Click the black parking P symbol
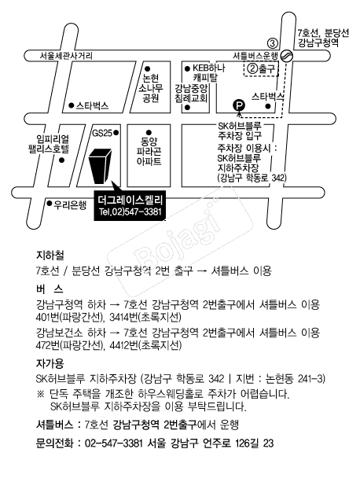tap(239, 105)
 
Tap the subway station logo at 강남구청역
tap(288, 56)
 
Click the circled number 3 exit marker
tap(273, 43)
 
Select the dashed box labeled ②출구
tap(261, 69)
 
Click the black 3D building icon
tap(100, 166)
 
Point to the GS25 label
tap(102, 133)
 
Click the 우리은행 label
tap(70, 204)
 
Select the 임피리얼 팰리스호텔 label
tap(49, 144)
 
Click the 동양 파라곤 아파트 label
tap(149, 151)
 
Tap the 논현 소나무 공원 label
tap(150, 89)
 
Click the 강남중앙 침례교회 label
tap(191, 94)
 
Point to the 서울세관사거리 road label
tap(66, 56)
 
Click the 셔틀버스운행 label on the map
tap(255, 56)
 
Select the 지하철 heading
tap(50, 255)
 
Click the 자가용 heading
tap(50, 363)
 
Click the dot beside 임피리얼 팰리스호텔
tap(62, 160)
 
